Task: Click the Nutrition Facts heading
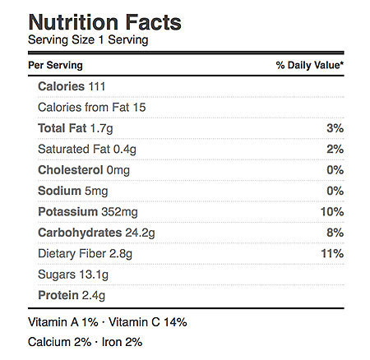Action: [x=104, y=22]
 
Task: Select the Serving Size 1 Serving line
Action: [x=88, y=40]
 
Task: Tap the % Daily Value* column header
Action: [x=310, y=65]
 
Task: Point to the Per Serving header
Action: [x=55, y=65]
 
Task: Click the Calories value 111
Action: [x=97, y=86]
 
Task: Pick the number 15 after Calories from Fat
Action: [x=139, y=108]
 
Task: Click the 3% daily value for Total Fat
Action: [x=335, y=128]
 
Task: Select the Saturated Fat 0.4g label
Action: [x=87, y=150]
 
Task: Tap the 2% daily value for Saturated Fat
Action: [x=335, y=149]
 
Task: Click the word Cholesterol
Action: [x=71, y=170]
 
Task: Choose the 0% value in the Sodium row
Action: [x=335, y=191]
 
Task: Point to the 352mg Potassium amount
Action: [x=119, y=212]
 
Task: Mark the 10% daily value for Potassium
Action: [x=332, y=211]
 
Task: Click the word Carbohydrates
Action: [x=80, y=233]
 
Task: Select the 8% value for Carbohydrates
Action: [x=335, y=233]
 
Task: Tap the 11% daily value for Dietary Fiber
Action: [x=332, y=253]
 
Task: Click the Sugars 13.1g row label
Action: [x=73, y=275]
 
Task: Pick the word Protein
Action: [x=58, y=295]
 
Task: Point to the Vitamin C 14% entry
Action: [x=148, y=322]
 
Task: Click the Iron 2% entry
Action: [x=122, y=342]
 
